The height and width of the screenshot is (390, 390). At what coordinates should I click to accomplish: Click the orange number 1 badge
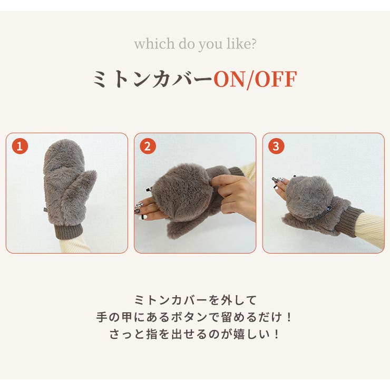click(19, 146)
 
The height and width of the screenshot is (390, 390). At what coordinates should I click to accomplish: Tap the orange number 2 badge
click(148, 146)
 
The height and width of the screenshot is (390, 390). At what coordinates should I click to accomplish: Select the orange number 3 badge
click(276, 146)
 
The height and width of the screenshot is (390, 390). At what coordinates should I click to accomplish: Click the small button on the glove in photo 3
click(330, 208)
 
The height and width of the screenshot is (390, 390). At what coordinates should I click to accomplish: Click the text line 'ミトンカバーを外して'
click(195, 300)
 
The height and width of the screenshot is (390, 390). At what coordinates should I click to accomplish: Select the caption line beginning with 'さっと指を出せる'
click(195, 334)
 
